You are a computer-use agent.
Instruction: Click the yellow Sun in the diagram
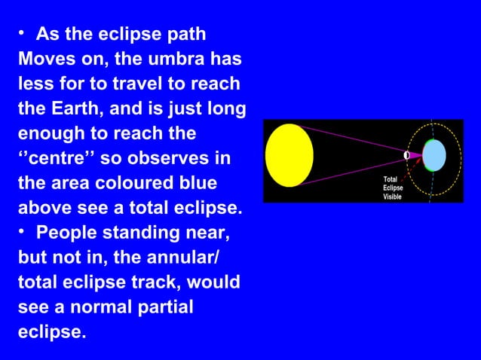point(289,155)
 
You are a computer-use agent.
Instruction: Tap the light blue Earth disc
point(434,155)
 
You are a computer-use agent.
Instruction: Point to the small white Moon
point(406,155)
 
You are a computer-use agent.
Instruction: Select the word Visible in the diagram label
point(393,197)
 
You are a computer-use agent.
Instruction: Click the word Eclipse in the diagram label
point(393,188)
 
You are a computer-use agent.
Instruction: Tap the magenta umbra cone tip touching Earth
point(419,155)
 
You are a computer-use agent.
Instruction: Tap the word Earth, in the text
point(49,108)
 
